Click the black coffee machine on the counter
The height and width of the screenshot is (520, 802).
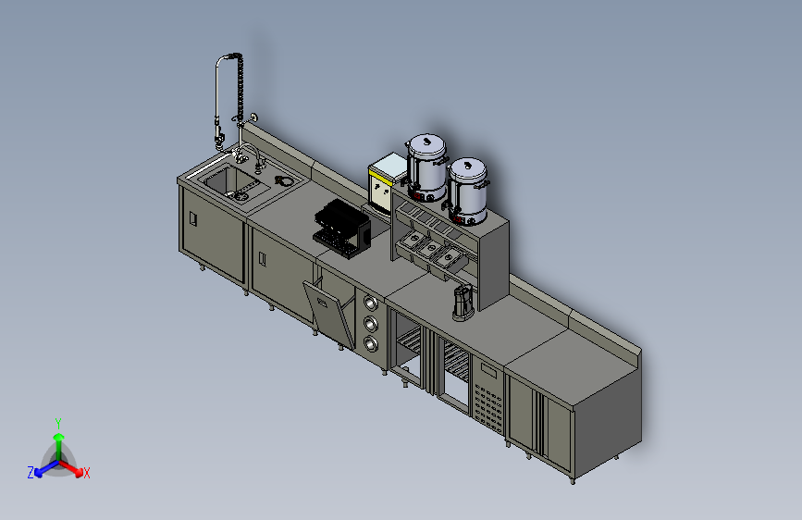tap(341, 229)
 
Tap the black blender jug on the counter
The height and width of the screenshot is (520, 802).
tap(463, 303)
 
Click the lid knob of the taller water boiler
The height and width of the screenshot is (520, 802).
tap(427, 140)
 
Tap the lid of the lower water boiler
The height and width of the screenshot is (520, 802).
tap(467, 167)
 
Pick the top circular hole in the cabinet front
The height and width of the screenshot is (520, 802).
tap(371, 303)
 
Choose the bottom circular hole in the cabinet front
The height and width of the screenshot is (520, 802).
tap(371, 344)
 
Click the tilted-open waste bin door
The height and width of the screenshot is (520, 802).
tap(329, 314)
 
